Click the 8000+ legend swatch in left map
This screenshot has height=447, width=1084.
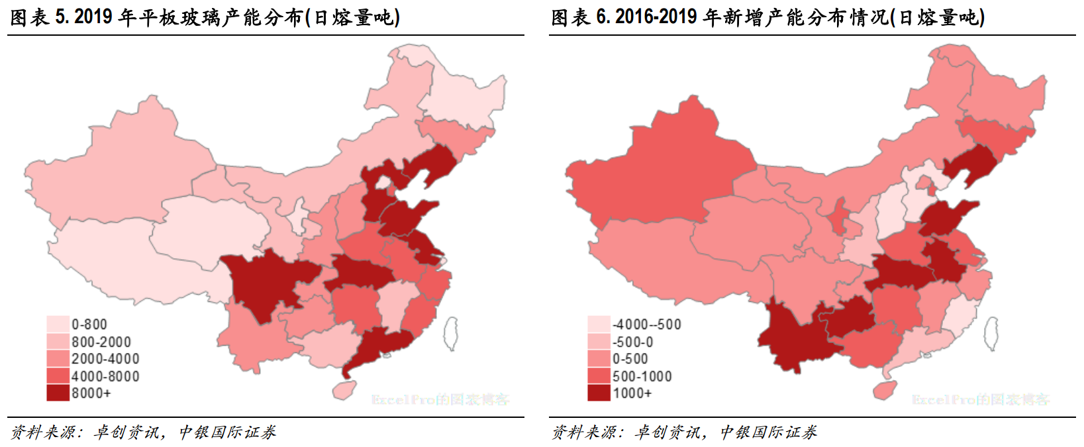pyautogui.click(x=58, y=393)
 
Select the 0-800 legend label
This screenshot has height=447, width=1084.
pyautogui.click(x=89, y=324)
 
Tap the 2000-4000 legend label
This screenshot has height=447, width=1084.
pyautogui.click(x=105, y=359)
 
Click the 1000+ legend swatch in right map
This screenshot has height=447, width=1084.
pyautogui.click(x=599, y=393)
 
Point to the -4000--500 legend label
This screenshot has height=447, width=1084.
pyautogui.click(x=646, y=324)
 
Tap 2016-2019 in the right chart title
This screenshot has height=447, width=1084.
pyautogui.click(x=656, y=17)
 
